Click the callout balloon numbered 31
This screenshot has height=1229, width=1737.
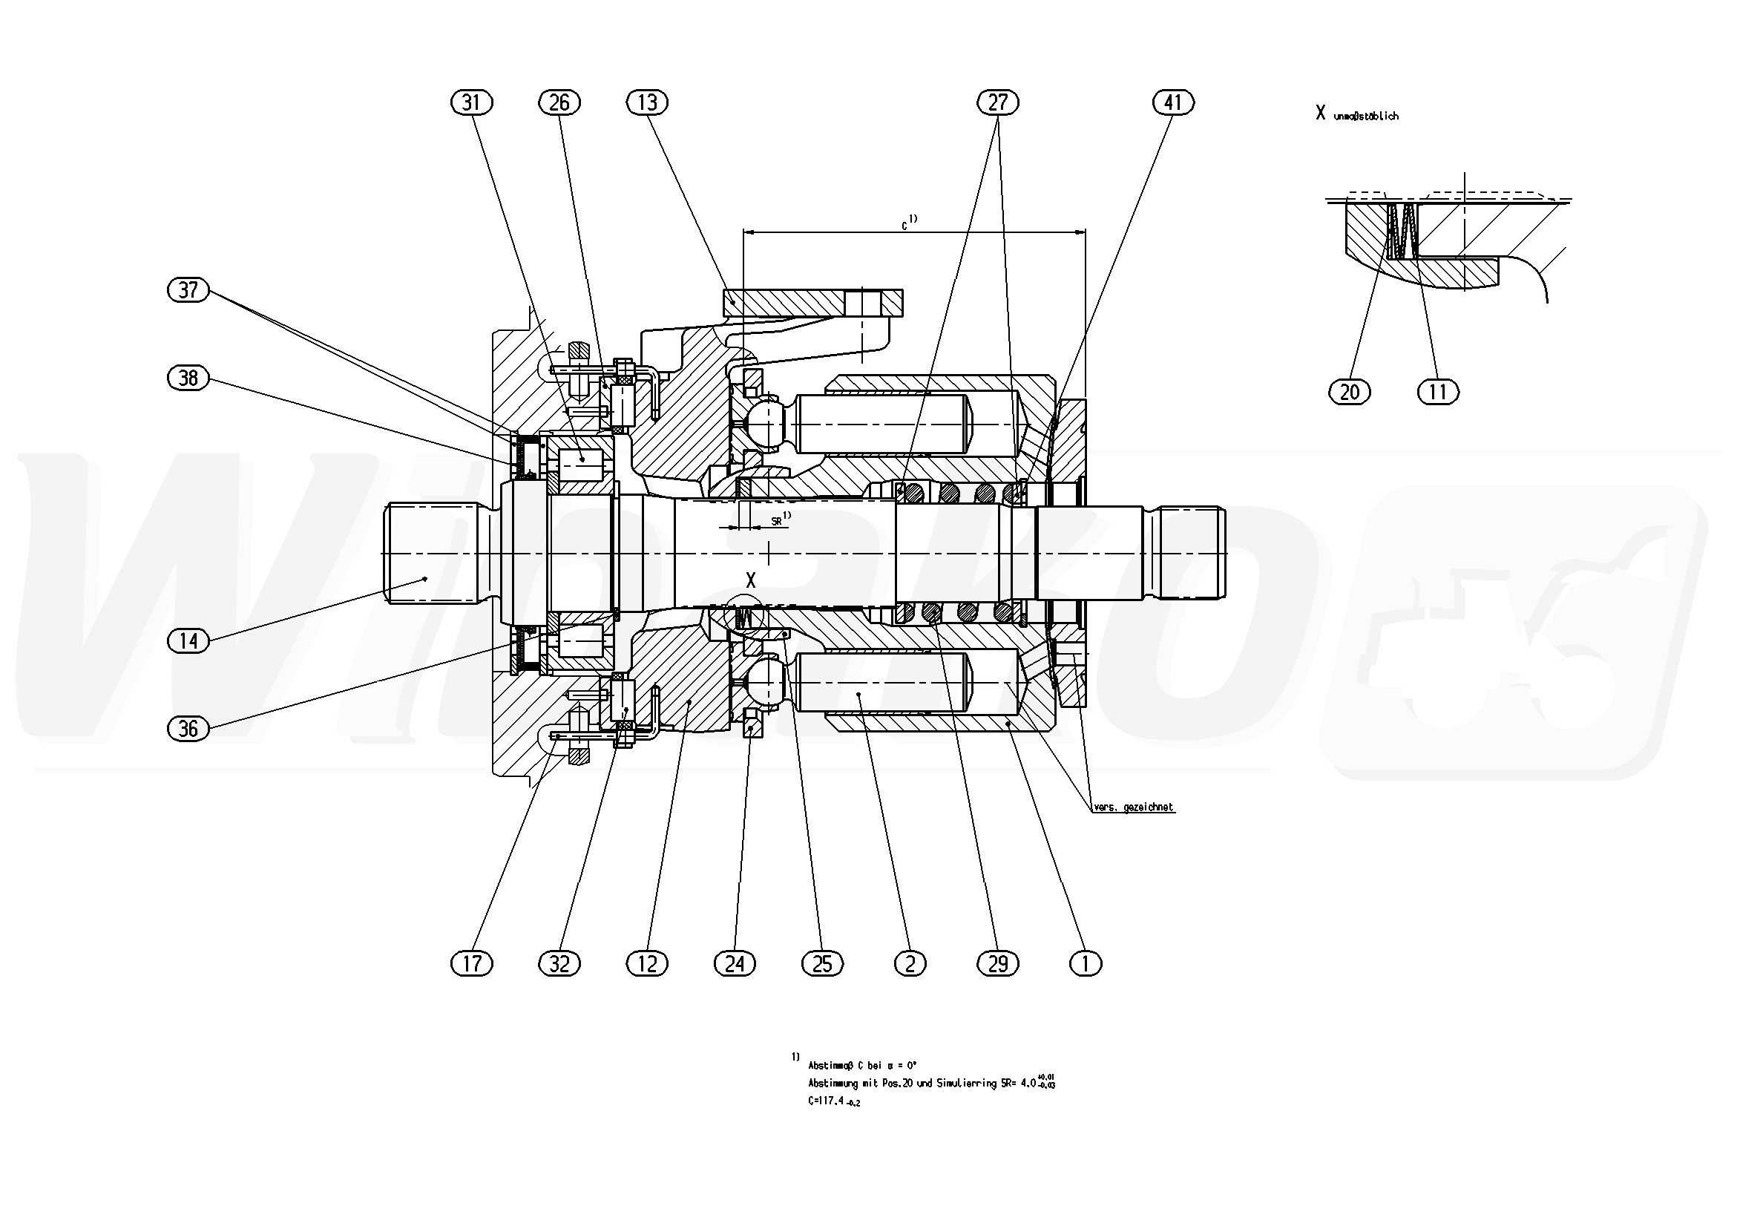point(471,102)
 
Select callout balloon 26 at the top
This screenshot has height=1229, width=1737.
point(559,102)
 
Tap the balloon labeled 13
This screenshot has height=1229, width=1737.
point(648,102)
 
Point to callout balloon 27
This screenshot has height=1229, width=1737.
point(998,102)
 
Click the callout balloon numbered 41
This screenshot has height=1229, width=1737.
point(1173,102)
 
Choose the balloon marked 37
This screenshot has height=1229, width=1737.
point(188,290)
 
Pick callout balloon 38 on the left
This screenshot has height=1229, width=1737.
point(188,378)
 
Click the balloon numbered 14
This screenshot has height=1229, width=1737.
point(188,641)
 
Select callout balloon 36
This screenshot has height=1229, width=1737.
point(188,729)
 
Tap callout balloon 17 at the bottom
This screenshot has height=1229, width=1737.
point(471,963)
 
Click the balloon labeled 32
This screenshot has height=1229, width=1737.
point(559,963)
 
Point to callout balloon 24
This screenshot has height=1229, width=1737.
point(735,963)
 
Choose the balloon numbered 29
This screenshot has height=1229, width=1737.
point(998,963)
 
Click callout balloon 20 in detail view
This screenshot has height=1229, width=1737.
point(1350,392)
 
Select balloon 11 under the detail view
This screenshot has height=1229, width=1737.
point(1437,392)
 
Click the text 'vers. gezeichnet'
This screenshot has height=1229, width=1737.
point(1133,807)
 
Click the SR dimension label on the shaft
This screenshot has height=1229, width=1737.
point(777,522)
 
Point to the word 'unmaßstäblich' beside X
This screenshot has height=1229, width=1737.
point(1365,117)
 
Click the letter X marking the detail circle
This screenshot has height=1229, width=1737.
point(750,581)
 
